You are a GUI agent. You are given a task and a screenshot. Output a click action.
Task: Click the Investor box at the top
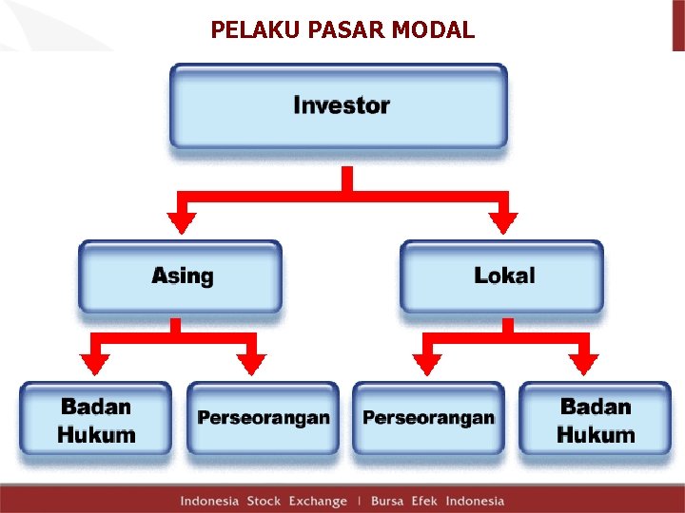tap(339, 105)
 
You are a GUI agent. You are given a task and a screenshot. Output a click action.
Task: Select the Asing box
tap(181, 276)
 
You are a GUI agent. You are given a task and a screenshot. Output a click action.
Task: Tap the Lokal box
tap(502, 276)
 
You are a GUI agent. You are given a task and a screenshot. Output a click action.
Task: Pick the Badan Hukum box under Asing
tap(96, 420)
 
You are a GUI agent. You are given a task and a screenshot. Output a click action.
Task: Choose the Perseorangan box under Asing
tap(263, 418)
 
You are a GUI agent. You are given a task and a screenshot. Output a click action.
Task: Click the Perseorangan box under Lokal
tap(428, 418)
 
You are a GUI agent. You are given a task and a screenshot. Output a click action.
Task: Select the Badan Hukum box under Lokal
tap(596, 420)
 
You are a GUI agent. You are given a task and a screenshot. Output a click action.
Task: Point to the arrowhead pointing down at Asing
tap(181, 222)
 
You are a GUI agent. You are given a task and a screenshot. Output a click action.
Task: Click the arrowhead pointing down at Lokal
tap(502, 222)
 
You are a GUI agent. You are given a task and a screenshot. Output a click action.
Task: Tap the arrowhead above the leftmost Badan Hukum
tap(94, 364)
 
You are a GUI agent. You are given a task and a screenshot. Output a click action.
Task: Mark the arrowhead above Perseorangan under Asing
tap(252, 364)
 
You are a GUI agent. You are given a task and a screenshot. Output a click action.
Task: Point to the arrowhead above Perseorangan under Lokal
tap(427, 364)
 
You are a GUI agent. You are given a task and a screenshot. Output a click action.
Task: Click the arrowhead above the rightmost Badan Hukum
tap(585, 364)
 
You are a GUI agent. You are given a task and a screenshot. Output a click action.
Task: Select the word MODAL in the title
tap(439, 30)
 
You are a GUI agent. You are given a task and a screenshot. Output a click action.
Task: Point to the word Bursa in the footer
tap(387, 501)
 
